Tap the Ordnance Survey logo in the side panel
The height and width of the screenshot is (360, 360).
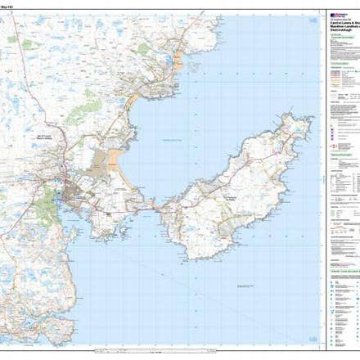(x=336, y=16)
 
